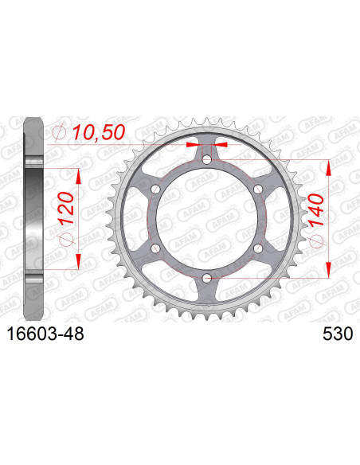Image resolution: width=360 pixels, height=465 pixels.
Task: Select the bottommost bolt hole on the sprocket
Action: coord(207,277)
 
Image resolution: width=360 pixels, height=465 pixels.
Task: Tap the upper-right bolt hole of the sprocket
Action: coord(258,189)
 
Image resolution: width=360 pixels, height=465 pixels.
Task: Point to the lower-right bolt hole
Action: coord(258,248)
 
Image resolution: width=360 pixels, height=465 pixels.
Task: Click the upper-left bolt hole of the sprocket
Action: coord(156,189)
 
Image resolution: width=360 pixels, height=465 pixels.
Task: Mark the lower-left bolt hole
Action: coord(156,248)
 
